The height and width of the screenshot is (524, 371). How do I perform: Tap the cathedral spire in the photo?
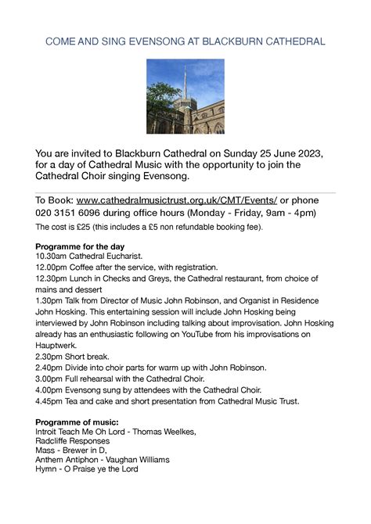185,82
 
